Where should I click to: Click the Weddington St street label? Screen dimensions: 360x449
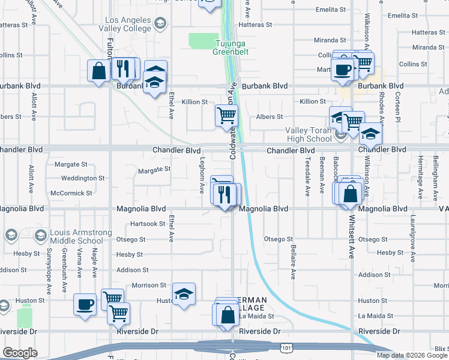point(83,178)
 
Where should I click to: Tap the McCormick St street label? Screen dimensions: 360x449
point(71,193)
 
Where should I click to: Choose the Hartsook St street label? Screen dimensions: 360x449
point(148,224)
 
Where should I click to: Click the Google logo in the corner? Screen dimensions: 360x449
point(20,353)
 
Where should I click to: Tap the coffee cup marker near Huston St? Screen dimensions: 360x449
point(85,304)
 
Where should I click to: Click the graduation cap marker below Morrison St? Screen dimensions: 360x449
point(184,294)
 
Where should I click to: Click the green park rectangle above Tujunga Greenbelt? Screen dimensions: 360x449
point(204,41)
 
